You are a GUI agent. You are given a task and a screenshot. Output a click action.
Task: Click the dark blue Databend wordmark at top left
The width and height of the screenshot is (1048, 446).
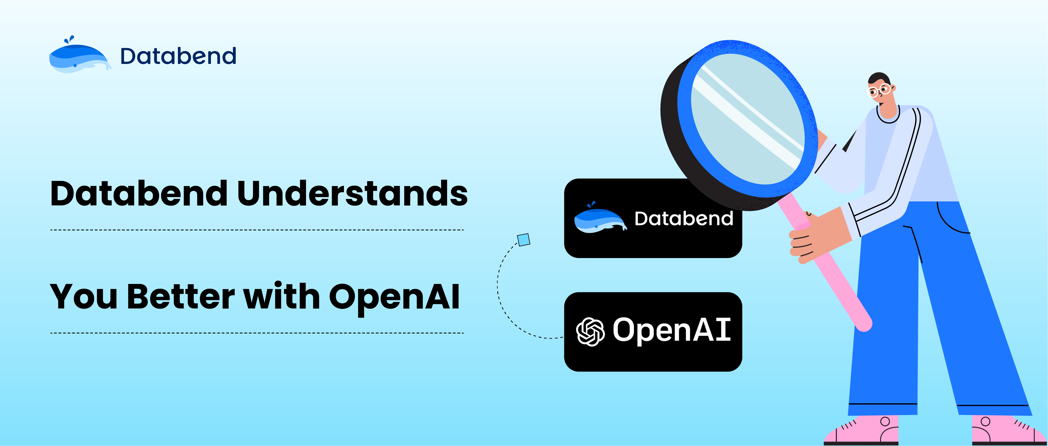[x=178, y=56]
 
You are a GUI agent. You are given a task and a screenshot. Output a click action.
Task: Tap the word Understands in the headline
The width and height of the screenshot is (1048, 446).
[x=352, y=194]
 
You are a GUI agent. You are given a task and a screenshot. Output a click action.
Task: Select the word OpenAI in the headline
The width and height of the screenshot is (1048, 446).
[x=394, y=297]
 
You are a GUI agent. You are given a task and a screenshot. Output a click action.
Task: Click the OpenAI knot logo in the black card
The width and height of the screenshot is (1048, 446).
[x=590, y=331]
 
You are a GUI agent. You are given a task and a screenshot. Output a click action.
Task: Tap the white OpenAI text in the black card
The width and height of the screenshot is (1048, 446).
[x=672, y=330]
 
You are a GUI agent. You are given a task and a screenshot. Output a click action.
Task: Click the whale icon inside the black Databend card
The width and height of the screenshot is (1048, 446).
[x=599, y=218]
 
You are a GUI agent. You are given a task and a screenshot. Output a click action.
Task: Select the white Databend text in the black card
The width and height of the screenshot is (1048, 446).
[x=683, y=219]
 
